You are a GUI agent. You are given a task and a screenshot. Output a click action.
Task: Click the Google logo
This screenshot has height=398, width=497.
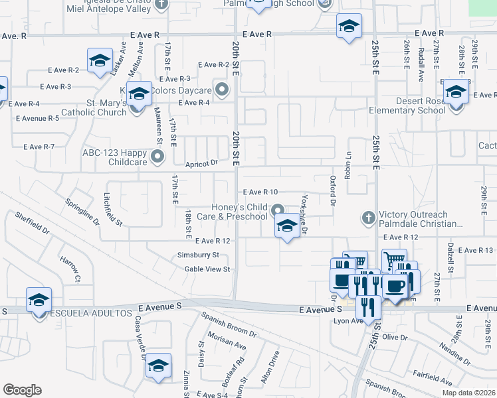pos(22,390)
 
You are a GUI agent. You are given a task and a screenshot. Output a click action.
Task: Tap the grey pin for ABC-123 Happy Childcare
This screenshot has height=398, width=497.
pos(157,157)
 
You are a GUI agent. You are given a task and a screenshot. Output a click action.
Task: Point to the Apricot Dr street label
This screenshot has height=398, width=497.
pos(201,163)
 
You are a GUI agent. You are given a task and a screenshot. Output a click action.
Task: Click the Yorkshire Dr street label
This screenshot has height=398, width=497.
pos(304,214)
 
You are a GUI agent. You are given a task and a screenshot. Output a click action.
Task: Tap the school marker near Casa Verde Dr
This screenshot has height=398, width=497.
pos(158,365)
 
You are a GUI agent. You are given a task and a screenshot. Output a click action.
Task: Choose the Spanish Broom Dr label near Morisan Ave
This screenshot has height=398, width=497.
pos(229,324)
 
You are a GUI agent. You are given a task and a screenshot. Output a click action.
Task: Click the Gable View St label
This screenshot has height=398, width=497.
pos(207,269)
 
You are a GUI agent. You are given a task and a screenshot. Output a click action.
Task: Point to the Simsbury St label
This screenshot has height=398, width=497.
pos(198,255)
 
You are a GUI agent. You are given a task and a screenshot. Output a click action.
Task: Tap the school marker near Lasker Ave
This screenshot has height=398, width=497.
pos(100,61)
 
